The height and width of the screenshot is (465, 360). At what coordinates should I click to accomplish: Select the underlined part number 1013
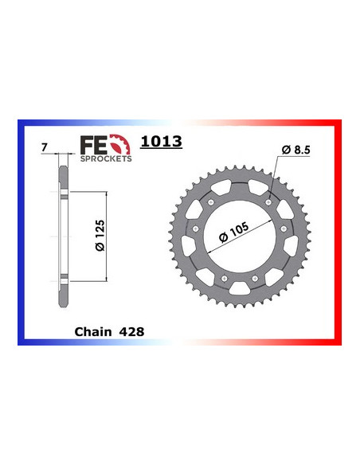pyautogui.click(x=161, y=143)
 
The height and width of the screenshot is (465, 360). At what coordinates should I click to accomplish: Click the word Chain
pyautogui.click(x=92, y=329)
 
